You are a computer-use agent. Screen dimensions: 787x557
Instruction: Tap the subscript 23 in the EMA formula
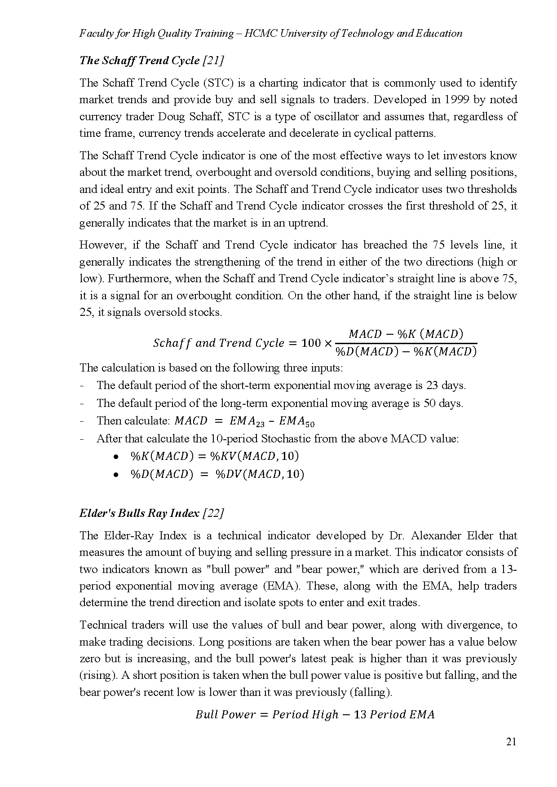coord(261,424)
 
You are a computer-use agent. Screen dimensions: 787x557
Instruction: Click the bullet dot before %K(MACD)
coord(115,457)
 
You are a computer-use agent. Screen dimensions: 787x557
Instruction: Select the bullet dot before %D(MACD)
coord(115,474)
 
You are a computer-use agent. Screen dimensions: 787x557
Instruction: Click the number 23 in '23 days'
coord(431,385)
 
